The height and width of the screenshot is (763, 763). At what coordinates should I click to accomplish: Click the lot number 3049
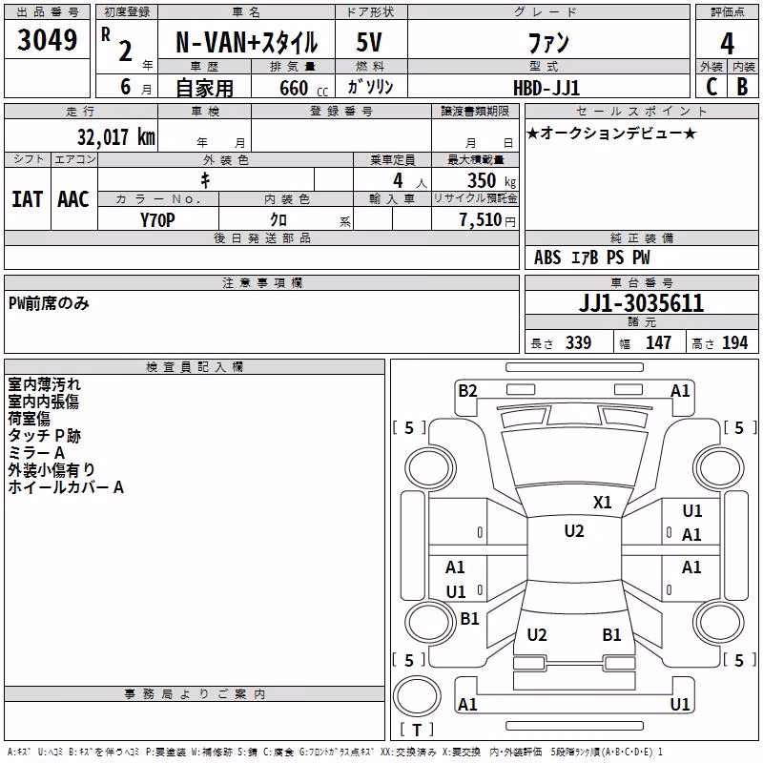[x=47, y=39]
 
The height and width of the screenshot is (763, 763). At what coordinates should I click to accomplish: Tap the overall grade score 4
[x=727, y=43]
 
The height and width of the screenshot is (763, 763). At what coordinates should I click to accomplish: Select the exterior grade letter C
[x=711, y=87]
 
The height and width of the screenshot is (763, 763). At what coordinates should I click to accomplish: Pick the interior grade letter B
[x=742, y=87]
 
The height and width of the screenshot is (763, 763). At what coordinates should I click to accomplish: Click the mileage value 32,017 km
[x=115, y=136]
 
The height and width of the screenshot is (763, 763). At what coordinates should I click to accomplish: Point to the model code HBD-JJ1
[x=546, y=88]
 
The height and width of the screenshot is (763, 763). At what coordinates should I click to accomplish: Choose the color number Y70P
[x=157, y=220]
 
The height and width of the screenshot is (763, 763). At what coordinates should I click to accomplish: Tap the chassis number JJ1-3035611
[x=641, y=303]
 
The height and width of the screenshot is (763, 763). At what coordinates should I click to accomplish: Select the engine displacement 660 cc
[x=303, y=88]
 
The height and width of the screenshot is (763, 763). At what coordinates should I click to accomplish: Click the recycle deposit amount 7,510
[x=481, y=220]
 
